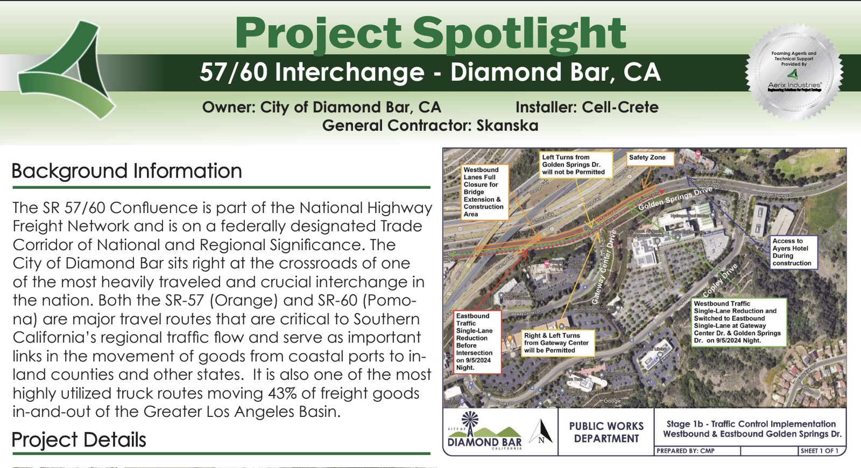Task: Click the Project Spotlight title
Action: click(x=430, y=33)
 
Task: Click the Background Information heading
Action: click(x=127, y=171)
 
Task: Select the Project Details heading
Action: click(x=79, y=440)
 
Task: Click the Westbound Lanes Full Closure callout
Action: click(x=484, y=192)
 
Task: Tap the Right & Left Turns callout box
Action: click(x=557, y=343)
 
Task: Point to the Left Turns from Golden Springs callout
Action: click(x=575, y=165)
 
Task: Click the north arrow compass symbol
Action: click(x=541, y=432)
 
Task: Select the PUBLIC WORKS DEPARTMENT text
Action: click(x=606, y=432)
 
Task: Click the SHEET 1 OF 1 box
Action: click(x=820, y=451)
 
